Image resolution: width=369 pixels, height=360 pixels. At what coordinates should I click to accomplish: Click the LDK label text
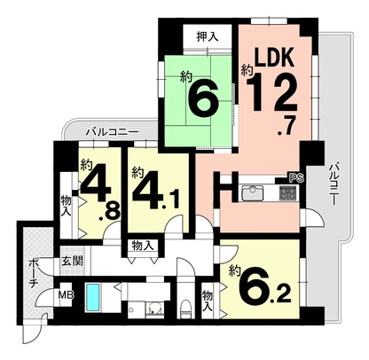(275, 57)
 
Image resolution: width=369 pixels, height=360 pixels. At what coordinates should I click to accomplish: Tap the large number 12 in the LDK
(271, 91)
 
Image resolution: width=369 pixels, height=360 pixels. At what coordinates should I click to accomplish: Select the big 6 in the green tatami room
(204, 98)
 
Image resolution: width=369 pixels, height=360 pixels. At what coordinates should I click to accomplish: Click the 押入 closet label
(208, 36)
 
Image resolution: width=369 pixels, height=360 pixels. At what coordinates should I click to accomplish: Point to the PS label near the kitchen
(297, 178)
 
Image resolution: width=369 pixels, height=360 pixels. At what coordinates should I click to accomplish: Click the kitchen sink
(253, 192)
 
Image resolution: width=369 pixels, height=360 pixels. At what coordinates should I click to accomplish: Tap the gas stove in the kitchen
(286, 193)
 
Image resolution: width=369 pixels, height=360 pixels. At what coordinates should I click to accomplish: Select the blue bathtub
(93, 297)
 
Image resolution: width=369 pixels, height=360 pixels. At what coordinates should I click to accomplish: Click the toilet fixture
(186, 309)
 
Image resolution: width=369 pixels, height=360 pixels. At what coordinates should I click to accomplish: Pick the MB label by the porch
(66, 294)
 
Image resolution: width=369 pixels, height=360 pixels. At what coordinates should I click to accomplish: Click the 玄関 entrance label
(72, 261)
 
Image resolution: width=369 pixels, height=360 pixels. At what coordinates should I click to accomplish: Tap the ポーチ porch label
(33, 274)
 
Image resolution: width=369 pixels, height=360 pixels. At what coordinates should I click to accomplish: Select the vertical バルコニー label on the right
(334, 184)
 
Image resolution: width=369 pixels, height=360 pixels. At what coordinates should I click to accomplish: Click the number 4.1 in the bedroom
(156, 191)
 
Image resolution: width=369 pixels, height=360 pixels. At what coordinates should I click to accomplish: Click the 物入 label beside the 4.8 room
(66, 207)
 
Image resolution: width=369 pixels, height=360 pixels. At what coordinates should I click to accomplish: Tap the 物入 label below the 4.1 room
(143, 246)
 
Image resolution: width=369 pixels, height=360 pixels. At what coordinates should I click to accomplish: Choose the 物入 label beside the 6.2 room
(208, 301)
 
